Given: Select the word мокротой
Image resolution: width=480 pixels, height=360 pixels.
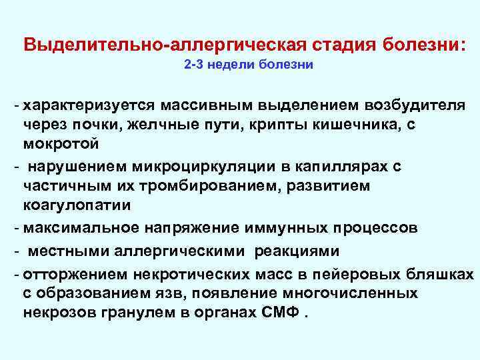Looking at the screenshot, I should pos(61,143).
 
